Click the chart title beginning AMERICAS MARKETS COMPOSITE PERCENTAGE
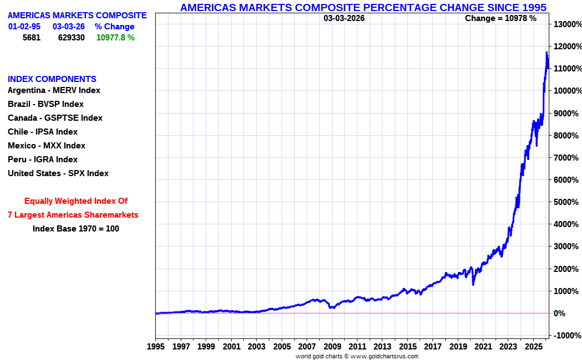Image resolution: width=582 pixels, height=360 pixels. (364, 7)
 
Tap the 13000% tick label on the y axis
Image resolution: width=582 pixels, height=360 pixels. (565, 24)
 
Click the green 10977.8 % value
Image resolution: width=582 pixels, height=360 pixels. (115, 38)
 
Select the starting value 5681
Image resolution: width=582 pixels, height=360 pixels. (32, 38)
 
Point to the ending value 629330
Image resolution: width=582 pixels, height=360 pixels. (72, 38)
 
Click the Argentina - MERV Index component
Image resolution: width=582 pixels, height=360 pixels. (54, 90)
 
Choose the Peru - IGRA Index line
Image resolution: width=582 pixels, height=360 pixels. (43, 160)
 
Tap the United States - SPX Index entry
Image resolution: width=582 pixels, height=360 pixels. (58, 173)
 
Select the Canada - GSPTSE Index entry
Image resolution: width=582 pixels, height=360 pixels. (55, 118)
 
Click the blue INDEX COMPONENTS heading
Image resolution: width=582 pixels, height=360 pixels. (52, 79)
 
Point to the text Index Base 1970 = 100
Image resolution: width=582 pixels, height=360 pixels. (76, 228)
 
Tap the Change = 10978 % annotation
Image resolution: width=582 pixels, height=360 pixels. (501, 18)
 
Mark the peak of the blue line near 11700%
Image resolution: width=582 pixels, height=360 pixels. (547, 53)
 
